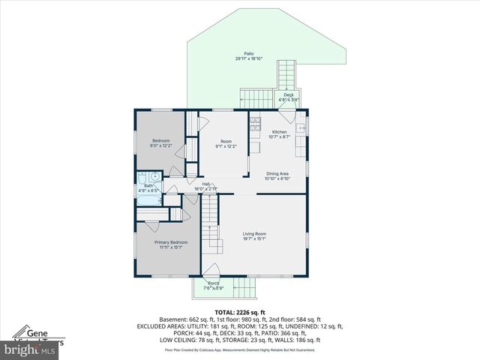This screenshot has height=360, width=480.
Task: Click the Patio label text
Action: point(249,53)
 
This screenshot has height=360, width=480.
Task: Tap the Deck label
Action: point(289,94)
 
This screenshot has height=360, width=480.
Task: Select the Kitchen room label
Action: point(279,132)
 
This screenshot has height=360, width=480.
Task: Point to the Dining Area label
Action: point(277,174)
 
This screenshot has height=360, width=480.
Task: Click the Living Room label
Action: point(254,234)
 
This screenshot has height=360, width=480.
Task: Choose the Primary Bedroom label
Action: point(171,242)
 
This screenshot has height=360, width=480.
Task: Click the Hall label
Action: point(206,184)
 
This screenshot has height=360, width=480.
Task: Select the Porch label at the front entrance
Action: point(213,283)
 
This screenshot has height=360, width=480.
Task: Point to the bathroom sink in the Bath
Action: point(154,178)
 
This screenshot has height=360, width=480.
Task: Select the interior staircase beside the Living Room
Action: point(212,225)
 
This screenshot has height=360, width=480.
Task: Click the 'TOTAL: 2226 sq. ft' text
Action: point(240,312)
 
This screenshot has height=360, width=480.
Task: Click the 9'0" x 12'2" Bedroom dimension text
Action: point(161,145)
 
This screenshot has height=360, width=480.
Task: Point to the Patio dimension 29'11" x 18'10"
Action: point(249,58)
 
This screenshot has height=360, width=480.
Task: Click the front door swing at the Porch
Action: point(211,271)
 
